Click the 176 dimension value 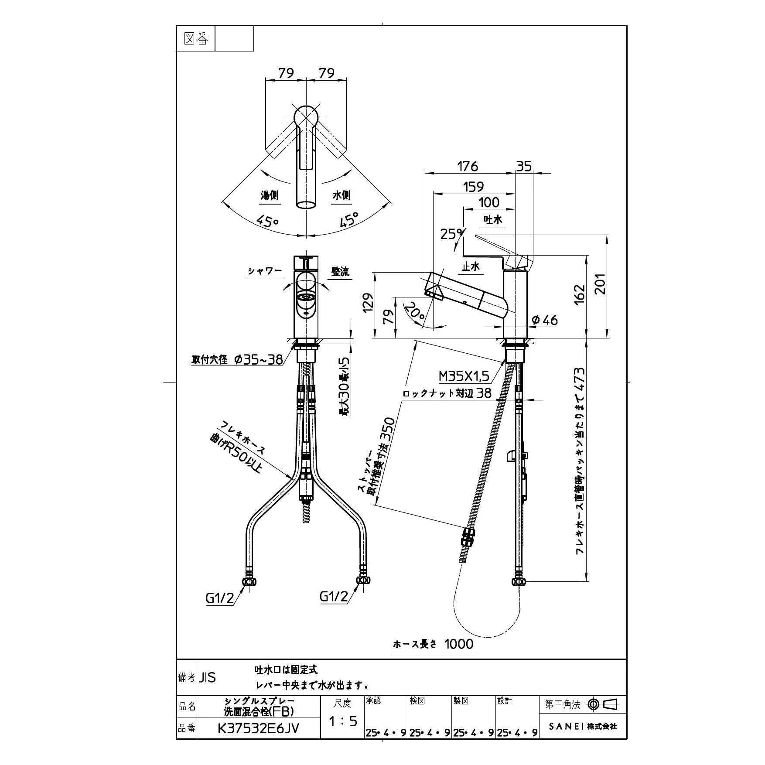pyautogui.click(x=468, y=166)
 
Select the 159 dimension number pyautogui.click(x=473, y=187)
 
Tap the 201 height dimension pyautogui.click(x=601, y=283)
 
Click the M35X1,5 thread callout pyautogui.click(x=464, y=375)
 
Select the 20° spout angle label pyautogui.click(x=414, y=314)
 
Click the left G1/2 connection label pyautogui.click(x=220, y=598)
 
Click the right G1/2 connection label pyautogui.click(x=334, y=596)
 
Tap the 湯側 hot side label pyautogui.click(x=270, y=195)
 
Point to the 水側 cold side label pyautogui.click(x=342, y=195)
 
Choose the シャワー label pyautogui.click(x=265, y=271)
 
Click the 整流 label pyautogui.click(x=340, y=271)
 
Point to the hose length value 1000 pyautogui.click(x=459, y=656)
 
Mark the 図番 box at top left pyautogui.click(x=196, y=39)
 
